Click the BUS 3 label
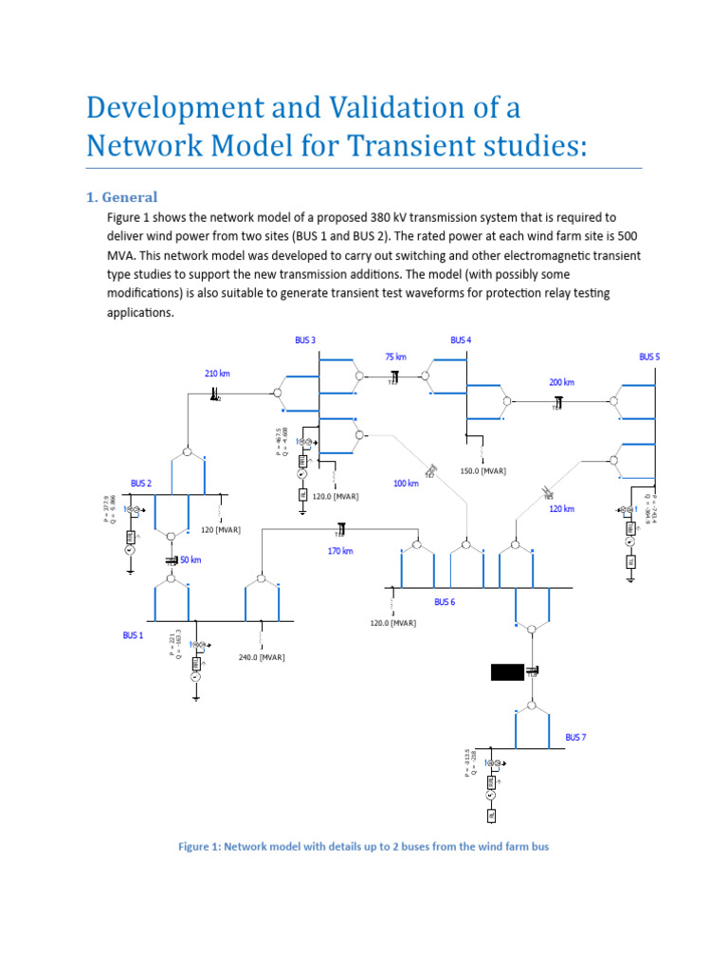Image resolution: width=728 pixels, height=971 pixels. (305, 340)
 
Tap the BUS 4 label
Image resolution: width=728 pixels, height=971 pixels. (461, 340)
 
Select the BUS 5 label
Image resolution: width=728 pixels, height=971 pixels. (649, 357)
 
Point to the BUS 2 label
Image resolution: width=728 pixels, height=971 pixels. (141, 484)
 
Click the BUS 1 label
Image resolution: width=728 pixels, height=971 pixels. (133, 635)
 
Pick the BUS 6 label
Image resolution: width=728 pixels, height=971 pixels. (445, 602)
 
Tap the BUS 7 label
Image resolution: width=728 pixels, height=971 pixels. (576, 737)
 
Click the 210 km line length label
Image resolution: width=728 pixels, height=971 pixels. (217, 374)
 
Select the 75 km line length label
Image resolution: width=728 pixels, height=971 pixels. (395, 357)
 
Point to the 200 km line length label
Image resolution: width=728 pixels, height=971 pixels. (561, 382)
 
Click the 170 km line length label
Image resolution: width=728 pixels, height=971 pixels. (340, 551)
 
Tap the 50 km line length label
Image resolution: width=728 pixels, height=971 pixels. (191, 560)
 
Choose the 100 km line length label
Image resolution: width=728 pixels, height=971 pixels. (406, 484)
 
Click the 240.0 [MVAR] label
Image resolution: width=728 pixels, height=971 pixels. (262, 657)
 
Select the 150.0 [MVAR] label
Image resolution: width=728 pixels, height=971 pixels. (482, 471)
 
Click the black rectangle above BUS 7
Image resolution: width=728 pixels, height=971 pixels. (506, 672)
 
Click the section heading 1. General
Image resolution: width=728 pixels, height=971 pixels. (121, 197)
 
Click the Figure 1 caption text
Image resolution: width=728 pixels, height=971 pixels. (363, 846)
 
